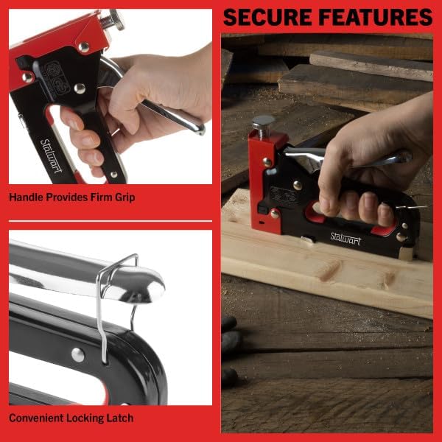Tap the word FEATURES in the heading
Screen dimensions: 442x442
coord(371,16)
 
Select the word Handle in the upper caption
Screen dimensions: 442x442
coord(27,197)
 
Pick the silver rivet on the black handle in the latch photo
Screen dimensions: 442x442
coord(77,354)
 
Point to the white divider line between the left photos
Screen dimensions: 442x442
coord(110,221)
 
